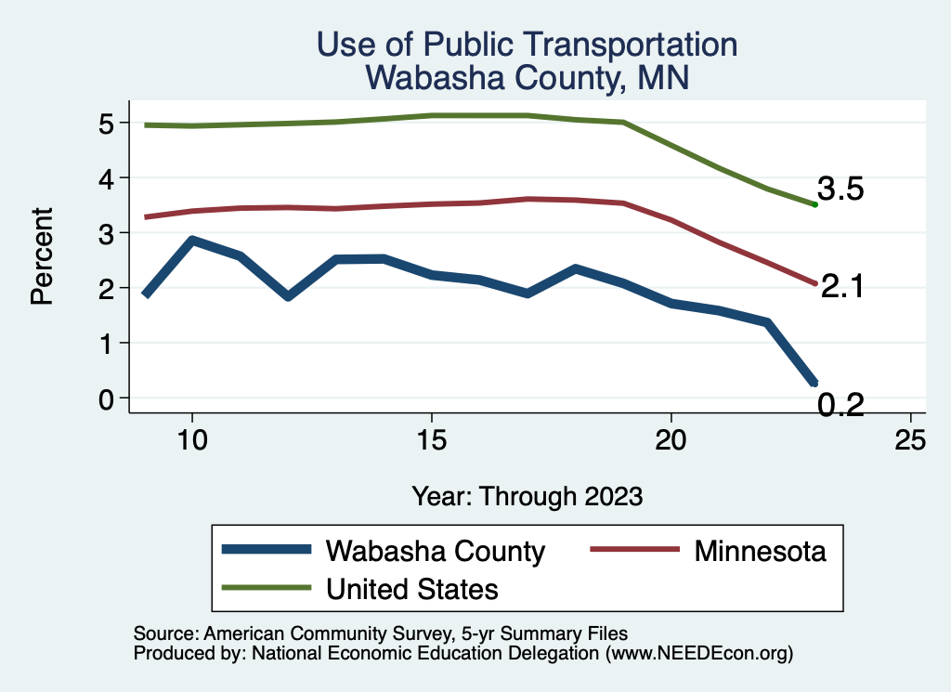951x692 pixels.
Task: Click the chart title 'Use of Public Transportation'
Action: (x=527, y=45)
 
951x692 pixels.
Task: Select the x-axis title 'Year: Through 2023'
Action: (x=527, y=495)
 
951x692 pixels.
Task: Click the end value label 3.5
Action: (x=840, y=189)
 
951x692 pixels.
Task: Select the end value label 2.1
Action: (x=843, y=287)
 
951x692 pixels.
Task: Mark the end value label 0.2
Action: (x=840, y=404)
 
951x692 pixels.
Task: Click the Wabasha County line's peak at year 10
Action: (x=191, y=241)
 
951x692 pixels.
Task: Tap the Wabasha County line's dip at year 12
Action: (x=288, y=296)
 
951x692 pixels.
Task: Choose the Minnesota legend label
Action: (x=760, y=551)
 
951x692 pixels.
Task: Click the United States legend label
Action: (x=412, y=589)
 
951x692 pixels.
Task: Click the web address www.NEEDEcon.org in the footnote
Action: (x=698, y=654)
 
